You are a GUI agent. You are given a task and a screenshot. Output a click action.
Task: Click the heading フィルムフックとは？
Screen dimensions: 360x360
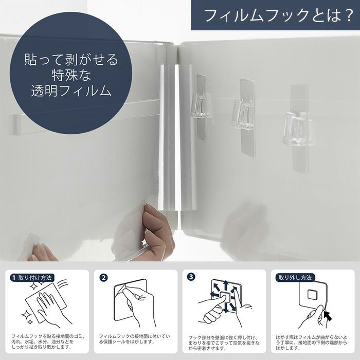[x=279, y=15]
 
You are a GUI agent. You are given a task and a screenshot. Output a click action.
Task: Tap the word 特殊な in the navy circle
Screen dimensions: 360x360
[x=71, y=75]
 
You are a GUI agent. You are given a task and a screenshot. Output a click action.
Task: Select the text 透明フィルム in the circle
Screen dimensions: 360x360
[x=71, y=91]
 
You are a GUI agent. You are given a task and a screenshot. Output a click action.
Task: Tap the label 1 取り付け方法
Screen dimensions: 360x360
[x=32, y=278]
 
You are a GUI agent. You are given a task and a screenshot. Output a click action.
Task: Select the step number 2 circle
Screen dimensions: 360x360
[x=103, y=278]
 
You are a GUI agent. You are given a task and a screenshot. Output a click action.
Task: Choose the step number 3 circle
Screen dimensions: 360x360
[x=191, y=277]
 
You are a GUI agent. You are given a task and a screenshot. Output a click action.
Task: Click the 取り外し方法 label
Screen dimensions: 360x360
[x=295, y=278]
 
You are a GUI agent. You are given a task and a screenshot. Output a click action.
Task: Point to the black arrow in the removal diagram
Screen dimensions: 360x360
[x=328, y=316]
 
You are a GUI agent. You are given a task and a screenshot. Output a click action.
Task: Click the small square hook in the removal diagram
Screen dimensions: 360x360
[x=312, y=294]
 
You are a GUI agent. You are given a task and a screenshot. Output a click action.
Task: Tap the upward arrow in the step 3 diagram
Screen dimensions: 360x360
[x=225, y=286]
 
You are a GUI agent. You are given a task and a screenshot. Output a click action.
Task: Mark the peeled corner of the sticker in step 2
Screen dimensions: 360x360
[x=121, y=289]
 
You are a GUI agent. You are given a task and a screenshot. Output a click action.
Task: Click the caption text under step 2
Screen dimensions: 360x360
[x=135, y=339]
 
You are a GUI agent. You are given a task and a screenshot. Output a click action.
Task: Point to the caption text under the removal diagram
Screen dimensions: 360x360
[x=312, y=343]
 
